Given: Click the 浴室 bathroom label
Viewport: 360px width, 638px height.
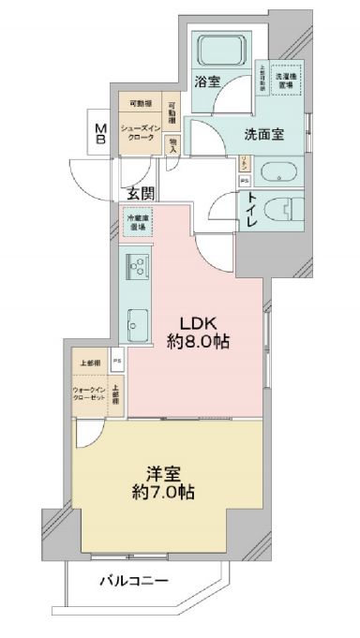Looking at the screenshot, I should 208,82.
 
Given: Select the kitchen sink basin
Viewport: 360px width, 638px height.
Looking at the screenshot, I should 137,320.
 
